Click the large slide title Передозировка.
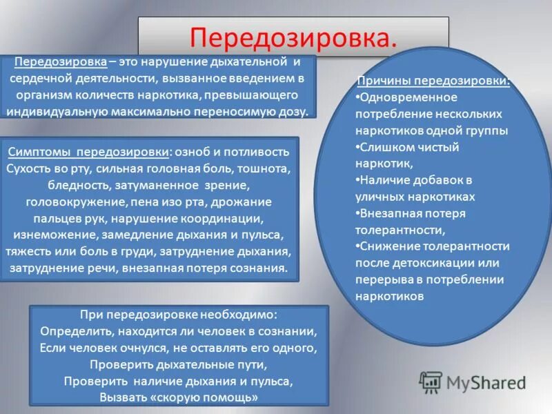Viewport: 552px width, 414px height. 294,37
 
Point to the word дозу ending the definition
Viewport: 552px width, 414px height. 294,111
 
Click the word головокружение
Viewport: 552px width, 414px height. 66,202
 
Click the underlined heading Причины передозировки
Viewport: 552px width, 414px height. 433,81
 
